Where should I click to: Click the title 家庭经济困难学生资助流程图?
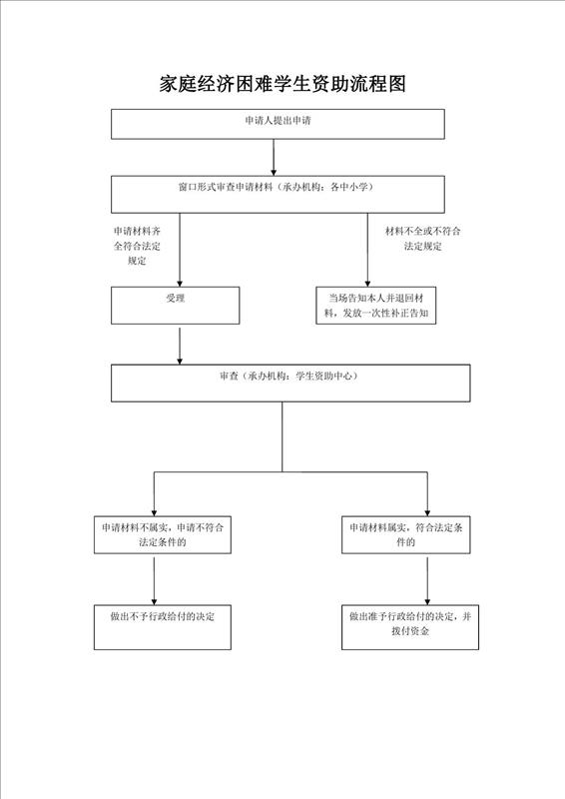pyautogui.click(x=282, y=84)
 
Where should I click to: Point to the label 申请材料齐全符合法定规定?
pyautogui.click(x=137, y=246)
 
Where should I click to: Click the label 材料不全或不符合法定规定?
pyautogui.click(x=423, y=239)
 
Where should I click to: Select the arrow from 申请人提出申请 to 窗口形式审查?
pyautogui.click(x=274, y=158)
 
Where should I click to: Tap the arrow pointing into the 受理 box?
pyautogui.click(x=180, y=250)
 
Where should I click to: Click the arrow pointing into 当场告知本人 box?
pyautogui.click(x=367, y=250)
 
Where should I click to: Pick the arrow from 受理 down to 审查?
pyautogui.click(x=180, y=346)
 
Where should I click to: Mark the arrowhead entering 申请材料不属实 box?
pyautogui.click(x=154, y=512)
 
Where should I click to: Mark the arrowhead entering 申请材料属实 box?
pyautogui.click(x=427, y=512)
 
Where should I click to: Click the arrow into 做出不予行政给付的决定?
pyautogui.click(x=154, y=581)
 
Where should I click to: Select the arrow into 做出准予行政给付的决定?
pyautogui.click(x=427, y=581)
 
